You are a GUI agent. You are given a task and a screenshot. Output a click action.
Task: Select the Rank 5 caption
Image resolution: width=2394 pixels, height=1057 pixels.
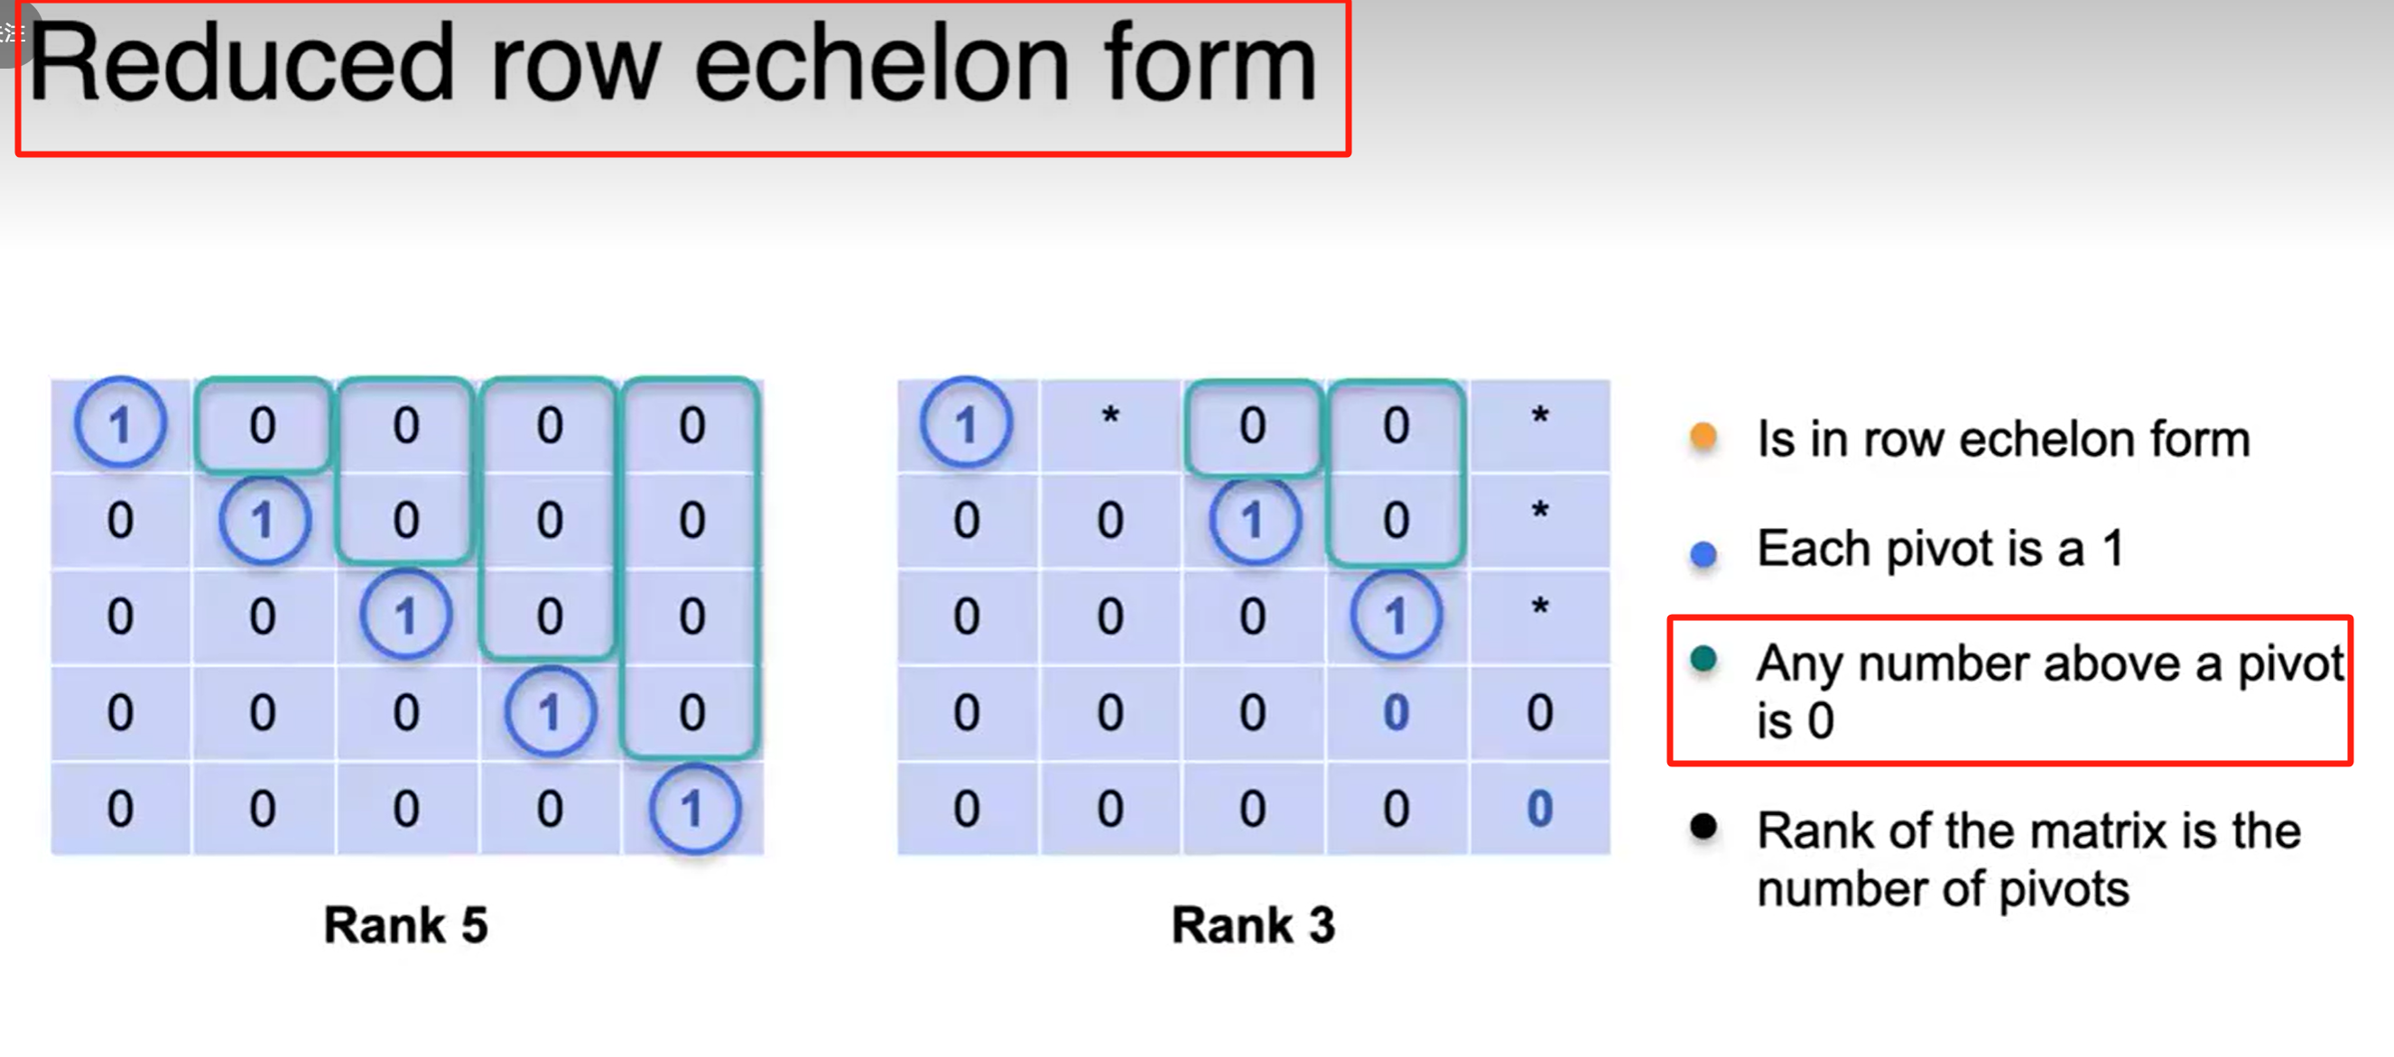coord(405,925)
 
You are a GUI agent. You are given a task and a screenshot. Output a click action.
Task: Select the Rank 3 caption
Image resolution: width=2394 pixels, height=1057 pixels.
coord(1253,925)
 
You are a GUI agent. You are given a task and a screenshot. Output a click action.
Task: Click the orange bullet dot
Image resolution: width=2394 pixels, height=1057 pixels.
coord(1703,435)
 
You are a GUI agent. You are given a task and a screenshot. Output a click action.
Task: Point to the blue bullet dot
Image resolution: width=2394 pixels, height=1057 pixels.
coord(1703,553)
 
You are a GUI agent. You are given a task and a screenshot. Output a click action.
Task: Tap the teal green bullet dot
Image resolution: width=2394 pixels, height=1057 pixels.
coord(1703,659)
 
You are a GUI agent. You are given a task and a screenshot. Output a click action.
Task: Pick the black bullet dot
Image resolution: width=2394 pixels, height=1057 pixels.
coord(1703,826)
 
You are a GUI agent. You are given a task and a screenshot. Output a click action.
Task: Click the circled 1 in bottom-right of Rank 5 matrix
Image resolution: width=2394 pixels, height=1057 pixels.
coord(693,809)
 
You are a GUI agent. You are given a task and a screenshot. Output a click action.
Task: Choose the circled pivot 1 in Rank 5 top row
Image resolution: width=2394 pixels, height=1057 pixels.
coord(120,424)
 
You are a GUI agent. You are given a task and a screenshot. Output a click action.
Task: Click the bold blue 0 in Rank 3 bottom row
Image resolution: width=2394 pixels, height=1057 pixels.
coord(1539,809)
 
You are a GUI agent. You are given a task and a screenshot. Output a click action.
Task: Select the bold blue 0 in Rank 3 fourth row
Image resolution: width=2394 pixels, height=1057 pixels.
coord(1396,712)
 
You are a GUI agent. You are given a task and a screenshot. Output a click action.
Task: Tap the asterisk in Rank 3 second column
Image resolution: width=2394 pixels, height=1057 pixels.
coord(1109,417)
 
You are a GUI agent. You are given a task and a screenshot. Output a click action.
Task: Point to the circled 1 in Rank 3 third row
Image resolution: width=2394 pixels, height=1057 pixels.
coord(1396,616)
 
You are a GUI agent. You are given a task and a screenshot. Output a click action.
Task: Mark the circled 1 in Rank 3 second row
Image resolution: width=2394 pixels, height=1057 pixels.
coord(1253,520)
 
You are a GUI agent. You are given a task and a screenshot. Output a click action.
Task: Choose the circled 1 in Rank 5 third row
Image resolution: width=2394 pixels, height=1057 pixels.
coord(406,616)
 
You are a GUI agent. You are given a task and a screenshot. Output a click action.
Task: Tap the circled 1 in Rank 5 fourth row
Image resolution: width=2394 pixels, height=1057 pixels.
coord(549,712)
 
